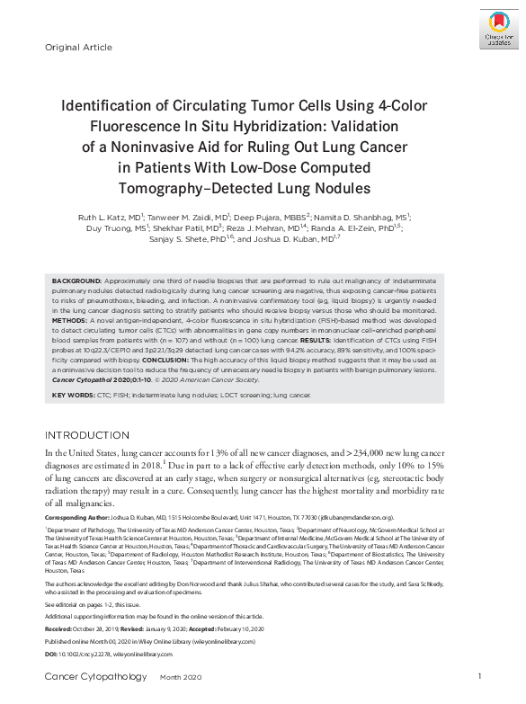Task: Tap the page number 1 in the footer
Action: (x=479, y=676)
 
